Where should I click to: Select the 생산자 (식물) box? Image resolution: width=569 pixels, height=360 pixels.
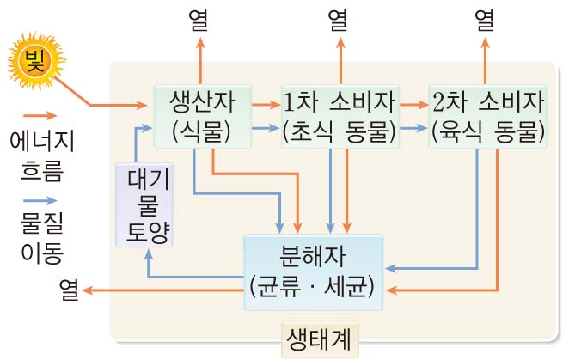point(202,116)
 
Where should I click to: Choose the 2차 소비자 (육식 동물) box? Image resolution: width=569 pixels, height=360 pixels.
point(488,116)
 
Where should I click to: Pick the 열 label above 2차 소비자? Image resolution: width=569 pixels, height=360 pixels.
point(488,18)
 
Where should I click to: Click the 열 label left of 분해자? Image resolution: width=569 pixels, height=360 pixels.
point(70,290)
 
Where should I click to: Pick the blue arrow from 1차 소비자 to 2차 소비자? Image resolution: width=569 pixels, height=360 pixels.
point(413,129)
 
